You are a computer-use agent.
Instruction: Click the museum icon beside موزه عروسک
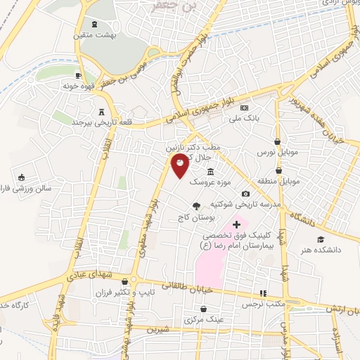(x=210, y=172)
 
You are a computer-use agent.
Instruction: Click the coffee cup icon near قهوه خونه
(x=79, y=76)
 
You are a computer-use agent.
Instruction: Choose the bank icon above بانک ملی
(x=244, y=108)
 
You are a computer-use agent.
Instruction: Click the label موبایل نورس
(x=278, y=152)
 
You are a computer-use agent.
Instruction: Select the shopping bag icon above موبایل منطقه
(x=278, y=169)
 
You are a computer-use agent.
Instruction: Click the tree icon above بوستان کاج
(x=197, y=206)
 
